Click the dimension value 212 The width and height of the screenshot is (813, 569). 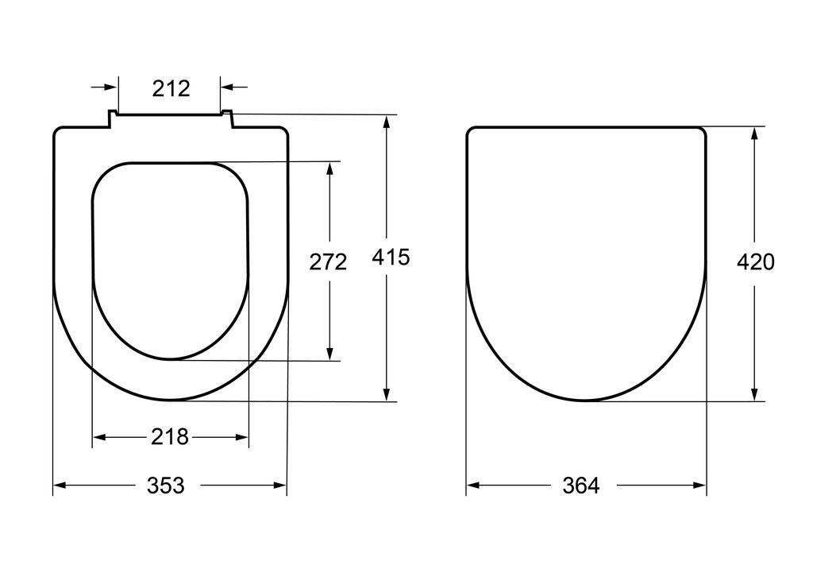[x=171, y=89]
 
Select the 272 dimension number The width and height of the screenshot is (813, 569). [x=328, y=262]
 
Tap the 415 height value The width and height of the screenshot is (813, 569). [x=391, y=257]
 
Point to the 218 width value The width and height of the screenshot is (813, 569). [x=170, y=436]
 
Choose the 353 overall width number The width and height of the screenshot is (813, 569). [x=165, y=486]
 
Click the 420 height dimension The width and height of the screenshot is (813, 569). [x=756, y=261]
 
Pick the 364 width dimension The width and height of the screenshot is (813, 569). [x=580, y=486]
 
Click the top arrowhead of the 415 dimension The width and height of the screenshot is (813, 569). [x=387, y=122]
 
